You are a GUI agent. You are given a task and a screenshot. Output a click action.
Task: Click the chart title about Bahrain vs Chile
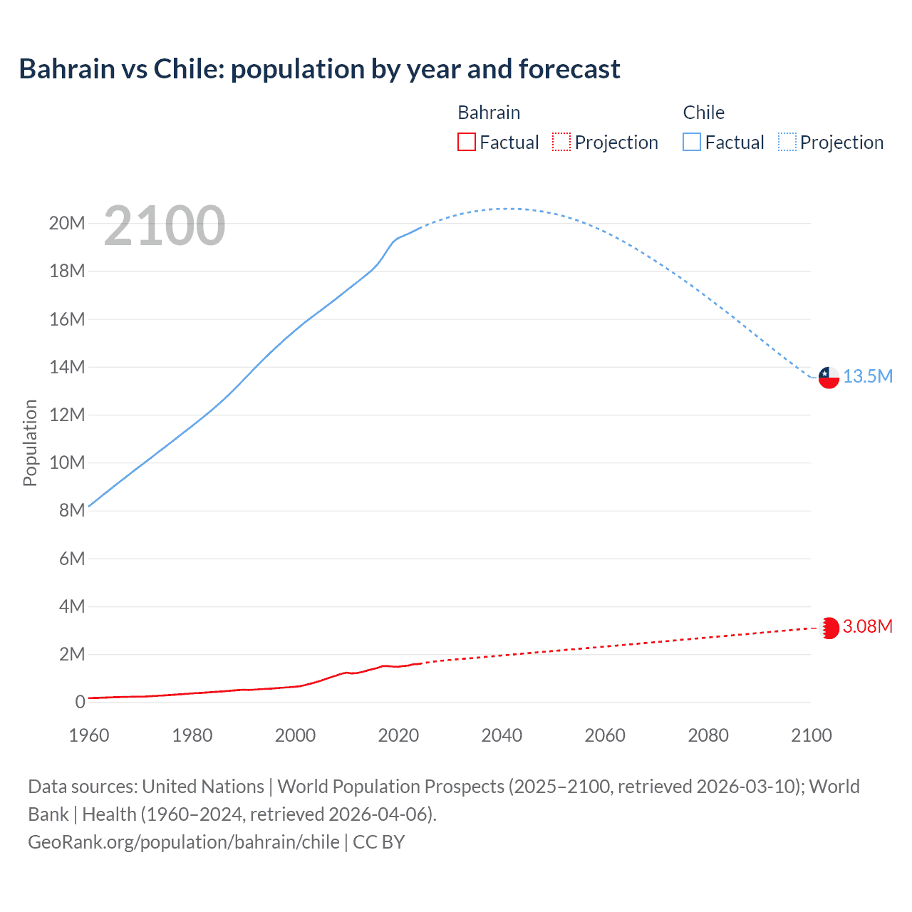(319, 69)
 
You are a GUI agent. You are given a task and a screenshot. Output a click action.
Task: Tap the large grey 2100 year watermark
(165, 226)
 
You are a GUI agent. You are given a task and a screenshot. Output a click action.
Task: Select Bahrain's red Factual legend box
(466, 142)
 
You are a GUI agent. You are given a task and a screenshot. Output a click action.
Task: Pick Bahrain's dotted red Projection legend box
(561, 142)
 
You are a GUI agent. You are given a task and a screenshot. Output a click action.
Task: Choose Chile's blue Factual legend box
(692, 142)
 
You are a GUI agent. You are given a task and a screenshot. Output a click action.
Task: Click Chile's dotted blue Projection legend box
(787, 142)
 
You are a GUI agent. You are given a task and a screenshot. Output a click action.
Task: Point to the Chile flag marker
(829, 377)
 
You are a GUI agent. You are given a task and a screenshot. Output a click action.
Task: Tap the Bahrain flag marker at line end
(829, 628)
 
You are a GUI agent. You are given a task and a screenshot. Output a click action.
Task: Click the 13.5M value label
(868, 376)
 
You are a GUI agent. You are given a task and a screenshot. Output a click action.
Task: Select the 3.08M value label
(868, 626)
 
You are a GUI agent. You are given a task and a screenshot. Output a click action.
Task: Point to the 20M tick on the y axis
(67, 224)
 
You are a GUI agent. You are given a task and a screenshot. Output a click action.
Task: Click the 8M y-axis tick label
(72, 510)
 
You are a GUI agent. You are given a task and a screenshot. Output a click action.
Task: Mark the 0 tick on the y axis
(80, 702)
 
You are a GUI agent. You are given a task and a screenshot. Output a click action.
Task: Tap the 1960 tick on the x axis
(89, 735)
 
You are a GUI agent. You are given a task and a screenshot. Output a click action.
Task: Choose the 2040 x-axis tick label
(502, 735)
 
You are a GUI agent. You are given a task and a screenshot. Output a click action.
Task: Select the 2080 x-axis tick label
(708, 735)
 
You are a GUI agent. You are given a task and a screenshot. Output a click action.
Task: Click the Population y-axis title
(30, 442)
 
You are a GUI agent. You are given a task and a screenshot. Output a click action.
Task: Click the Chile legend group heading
(703, 113)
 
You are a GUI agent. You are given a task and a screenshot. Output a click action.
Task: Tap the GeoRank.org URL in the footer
(184, 842)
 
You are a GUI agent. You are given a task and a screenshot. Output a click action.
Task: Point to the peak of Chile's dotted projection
(507, 209)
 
